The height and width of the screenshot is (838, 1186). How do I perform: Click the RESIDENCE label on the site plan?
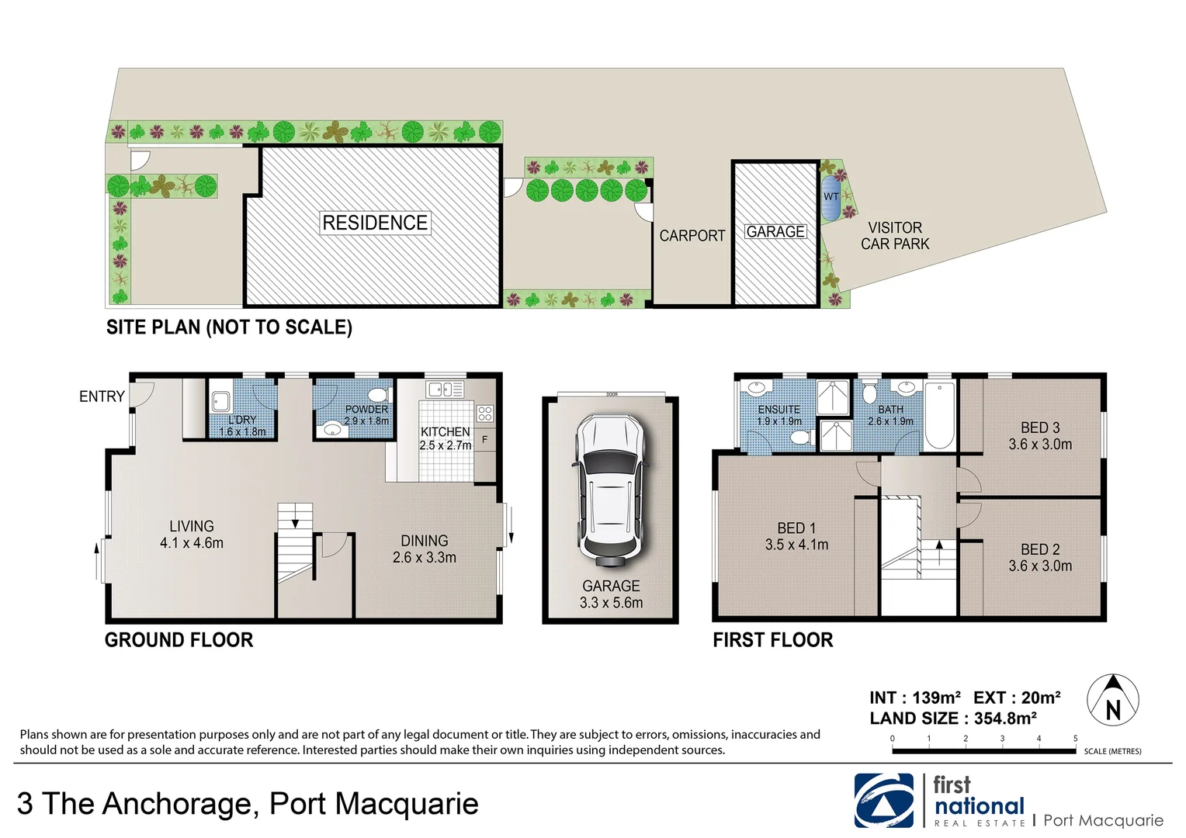coord(375,223)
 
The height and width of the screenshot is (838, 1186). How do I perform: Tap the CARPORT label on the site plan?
coord(692,236)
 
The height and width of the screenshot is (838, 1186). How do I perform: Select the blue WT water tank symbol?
coord(831,198)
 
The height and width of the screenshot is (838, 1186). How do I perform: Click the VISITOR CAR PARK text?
coord(895,236)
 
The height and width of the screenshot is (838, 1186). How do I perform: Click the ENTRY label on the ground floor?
coord(102,396)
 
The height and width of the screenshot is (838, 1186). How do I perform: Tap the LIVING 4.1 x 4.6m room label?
coord(192,535)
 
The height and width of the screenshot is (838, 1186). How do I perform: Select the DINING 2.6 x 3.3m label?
coord(425,549)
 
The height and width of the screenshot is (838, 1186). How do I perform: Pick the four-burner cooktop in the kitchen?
coord(484,413)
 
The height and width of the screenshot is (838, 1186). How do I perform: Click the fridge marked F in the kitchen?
coord(485,440)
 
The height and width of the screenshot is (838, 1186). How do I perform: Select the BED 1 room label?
coord(796,536)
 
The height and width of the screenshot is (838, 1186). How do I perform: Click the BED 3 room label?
coord(1040,436)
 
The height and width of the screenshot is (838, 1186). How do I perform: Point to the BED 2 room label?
coord(1040,557)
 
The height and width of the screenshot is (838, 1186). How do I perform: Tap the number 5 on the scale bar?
coord(1075,739)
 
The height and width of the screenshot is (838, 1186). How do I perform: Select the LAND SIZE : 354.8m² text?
coord(953,719)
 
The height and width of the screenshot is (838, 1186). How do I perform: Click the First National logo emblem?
coord(884,800)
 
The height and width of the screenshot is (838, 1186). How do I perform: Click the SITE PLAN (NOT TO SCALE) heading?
coord(229,327)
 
